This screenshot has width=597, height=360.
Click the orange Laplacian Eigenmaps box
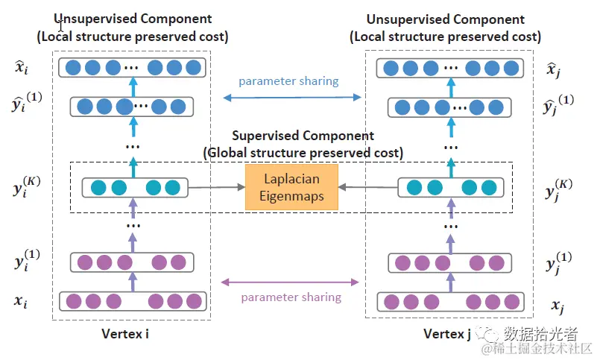[291, 187]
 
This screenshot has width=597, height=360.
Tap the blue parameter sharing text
[288, 81]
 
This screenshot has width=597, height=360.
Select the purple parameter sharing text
[291, 297]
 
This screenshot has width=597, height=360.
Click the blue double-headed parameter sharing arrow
[292, 98]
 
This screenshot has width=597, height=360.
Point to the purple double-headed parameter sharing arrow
[290, 282]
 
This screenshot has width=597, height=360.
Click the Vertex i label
[125, 334]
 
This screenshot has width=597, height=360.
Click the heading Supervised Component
[303, 136]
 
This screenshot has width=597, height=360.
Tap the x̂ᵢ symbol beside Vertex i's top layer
[22, 68]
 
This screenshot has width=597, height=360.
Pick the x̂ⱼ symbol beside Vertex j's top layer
[553, 69]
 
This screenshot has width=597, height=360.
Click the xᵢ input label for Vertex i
[21, 301]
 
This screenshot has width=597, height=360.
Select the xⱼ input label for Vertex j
[557, 306]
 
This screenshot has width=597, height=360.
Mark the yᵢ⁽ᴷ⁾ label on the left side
[26, 186]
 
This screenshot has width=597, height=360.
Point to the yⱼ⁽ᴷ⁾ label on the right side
[558, 189]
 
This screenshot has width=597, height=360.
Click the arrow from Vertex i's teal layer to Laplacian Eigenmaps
[217, 187]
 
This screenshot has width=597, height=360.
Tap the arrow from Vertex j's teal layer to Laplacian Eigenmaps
[367, 187]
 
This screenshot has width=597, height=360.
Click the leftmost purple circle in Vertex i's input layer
[74, 301]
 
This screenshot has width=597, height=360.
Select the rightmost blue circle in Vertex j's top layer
[511, 69]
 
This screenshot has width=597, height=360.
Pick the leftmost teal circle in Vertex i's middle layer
[98, 187]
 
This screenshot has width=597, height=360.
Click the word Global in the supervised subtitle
[227, 153]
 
